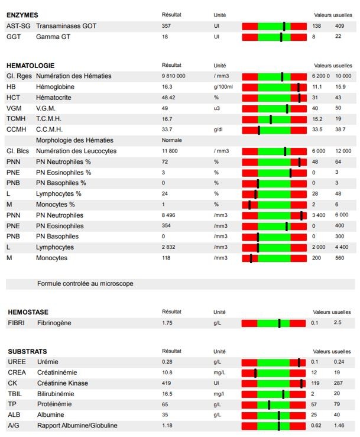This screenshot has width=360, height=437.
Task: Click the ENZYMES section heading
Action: coord(22,15)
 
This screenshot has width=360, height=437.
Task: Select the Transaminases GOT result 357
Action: coord(166,26)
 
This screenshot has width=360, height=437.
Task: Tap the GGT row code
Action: coord(14,37)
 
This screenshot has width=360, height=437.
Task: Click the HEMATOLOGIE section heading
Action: coord(30,66)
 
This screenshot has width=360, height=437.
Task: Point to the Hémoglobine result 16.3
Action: coord(167,87)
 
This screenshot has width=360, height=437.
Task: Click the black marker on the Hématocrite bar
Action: coord(299,98)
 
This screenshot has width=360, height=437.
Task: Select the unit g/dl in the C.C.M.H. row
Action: coord(218,130)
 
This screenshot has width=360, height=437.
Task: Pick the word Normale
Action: coord(171,140)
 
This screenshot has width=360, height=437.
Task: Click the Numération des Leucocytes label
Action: coord(76,151)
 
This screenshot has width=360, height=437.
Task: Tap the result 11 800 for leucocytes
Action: coord(170,151)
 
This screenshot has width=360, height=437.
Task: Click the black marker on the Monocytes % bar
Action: coord(249,205)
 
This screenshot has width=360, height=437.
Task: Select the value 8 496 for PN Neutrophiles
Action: coord(168,215)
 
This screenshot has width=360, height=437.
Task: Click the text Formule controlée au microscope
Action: coord(85,283)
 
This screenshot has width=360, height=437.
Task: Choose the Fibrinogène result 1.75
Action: coord(167,323)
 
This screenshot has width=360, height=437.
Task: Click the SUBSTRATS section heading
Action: coord(28,351)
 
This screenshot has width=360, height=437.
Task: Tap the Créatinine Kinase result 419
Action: coord(166,383)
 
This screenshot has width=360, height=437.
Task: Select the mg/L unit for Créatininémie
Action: coord(219,373)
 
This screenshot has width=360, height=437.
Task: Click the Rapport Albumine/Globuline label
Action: coord(77,426)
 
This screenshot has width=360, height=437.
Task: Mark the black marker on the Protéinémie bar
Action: coord(269,404)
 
